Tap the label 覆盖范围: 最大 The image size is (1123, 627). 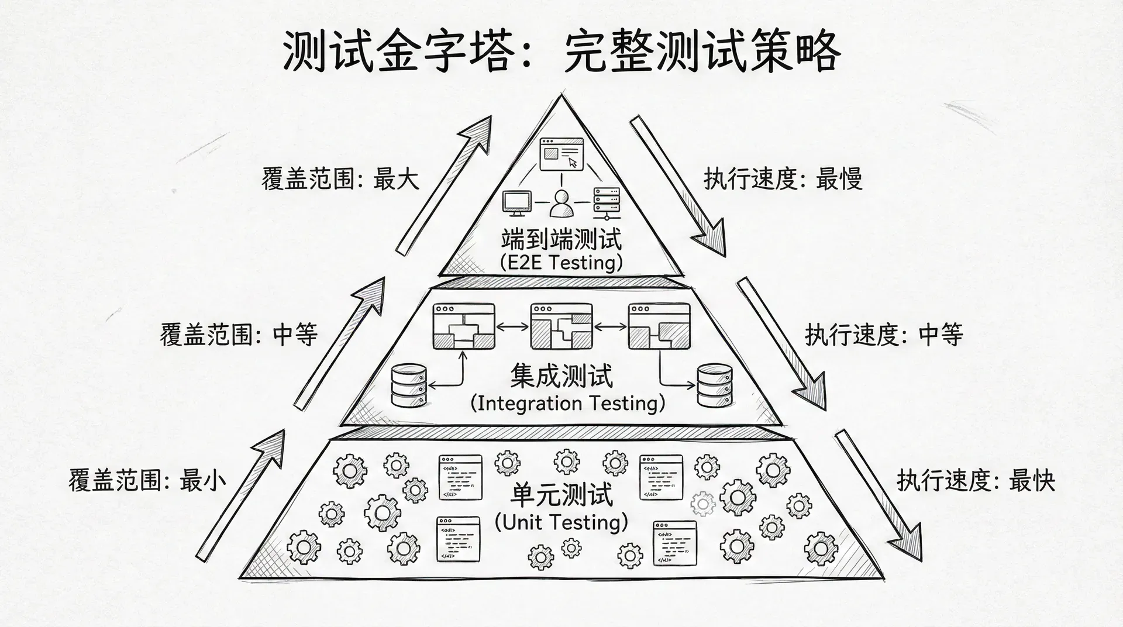click(340, 178)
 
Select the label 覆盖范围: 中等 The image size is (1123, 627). click(239, 335)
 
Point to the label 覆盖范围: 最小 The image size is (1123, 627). click(147, 481)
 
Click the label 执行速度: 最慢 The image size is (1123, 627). click(783, 178)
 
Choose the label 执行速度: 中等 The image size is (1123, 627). click(884, 335)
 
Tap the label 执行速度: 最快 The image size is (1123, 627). click(976, 481)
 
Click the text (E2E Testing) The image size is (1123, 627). click(561, 262)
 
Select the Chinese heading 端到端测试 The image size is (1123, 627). click(561, 239)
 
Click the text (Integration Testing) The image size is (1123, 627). click(567, 403)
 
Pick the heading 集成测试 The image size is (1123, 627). click(561, 375)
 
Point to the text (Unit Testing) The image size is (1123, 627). click(561, 522)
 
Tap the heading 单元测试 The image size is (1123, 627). click(561, 495)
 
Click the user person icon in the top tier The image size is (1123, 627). click(562, 204)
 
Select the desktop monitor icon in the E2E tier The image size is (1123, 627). click(516, 202)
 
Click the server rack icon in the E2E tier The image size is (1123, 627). click(607, 202)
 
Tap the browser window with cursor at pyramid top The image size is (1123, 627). click(561, 154)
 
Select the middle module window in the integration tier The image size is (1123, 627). click(561, 326)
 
